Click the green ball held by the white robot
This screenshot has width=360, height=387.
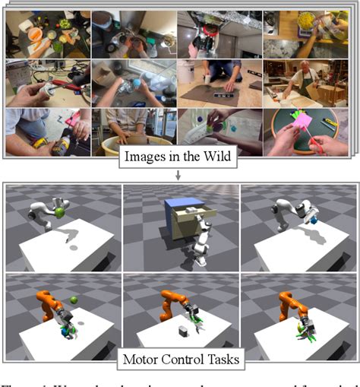(59, 213)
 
